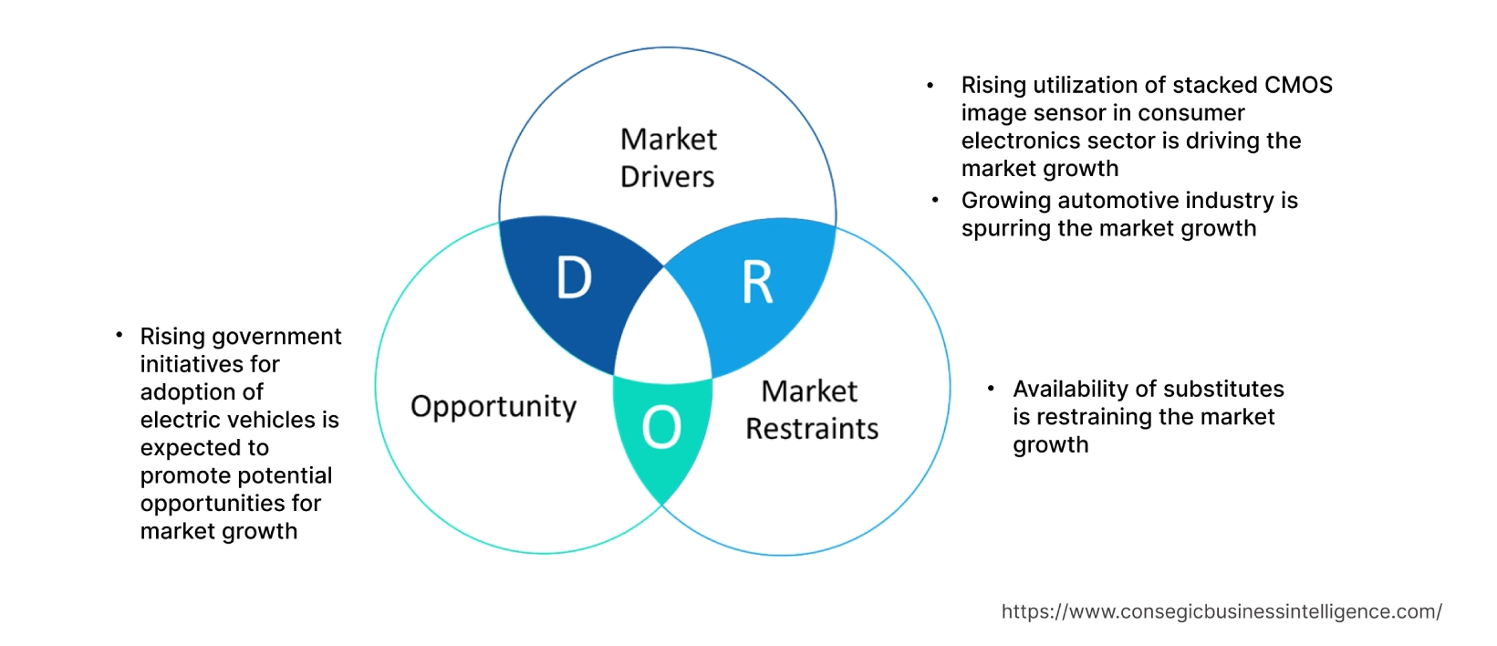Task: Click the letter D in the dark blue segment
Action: (574, 278)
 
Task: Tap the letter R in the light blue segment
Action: (757, 283)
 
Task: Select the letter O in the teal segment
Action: (661, 427)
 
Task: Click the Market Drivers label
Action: (668, 158)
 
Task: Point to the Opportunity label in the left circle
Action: (494, 406)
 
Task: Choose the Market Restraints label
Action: (811, 410)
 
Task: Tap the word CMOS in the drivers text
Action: (1298, 85)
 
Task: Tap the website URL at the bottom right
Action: (1222, 611)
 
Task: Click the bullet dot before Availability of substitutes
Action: (991, 390)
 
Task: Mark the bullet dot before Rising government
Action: (119, 336)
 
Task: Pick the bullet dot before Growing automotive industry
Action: (935, 200)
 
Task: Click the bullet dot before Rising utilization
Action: (930, 86)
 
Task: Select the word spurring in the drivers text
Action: (1006, 228)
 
